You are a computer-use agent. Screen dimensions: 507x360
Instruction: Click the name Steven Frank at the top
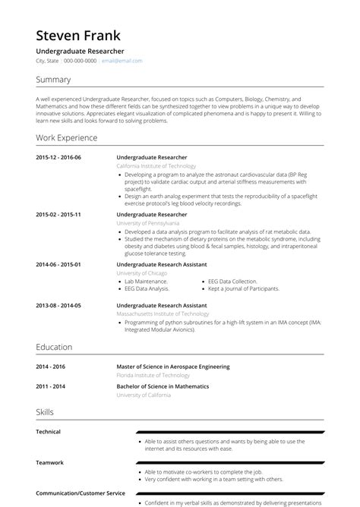point(77,36)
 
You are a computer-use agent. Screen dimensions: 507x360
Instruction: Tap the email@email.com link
point(122,61)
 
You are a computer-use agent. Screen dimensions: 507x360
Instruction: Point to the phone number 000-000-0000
point(80,61)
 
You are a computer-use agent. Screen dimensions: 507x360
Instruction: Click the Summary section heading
point(53,80)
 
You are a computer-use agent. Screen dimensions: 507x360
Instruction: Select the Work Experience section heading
point(67,138)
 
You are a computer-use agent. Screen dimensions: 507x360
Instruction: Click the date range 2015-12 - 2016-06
point(58,157)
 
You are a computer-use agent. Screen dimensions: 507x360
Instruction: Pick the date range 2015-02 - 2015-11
point(58,215)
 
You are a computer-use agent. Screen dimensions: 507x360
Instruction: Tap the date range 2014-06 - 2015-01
point(58,264)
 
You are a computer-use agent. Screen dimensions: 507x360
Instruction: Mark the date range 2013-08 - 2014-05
point(58,305)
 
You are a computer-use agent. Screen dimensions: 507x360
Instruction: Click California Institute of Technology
point(156,165)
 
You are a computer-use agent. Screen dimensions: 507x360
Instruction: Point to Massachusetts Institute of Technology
point(163,313)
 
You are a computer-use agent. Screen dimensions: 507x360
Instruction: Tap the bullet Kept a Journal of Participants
point(244,288)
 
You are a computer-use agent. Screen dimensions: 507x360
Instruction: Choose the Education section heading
point(54,347)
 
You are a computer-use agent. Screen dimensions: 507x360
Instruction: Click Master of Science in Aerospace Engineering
point(172,367)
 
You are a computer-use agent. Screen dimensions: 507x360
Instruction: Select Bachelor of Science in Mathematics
point(163,386)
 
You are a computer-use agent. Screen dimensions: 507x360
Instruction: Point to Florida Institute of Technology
point(153,375)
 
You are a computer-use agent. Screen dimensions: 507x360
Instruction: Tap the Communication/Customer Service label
point(79,493)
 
